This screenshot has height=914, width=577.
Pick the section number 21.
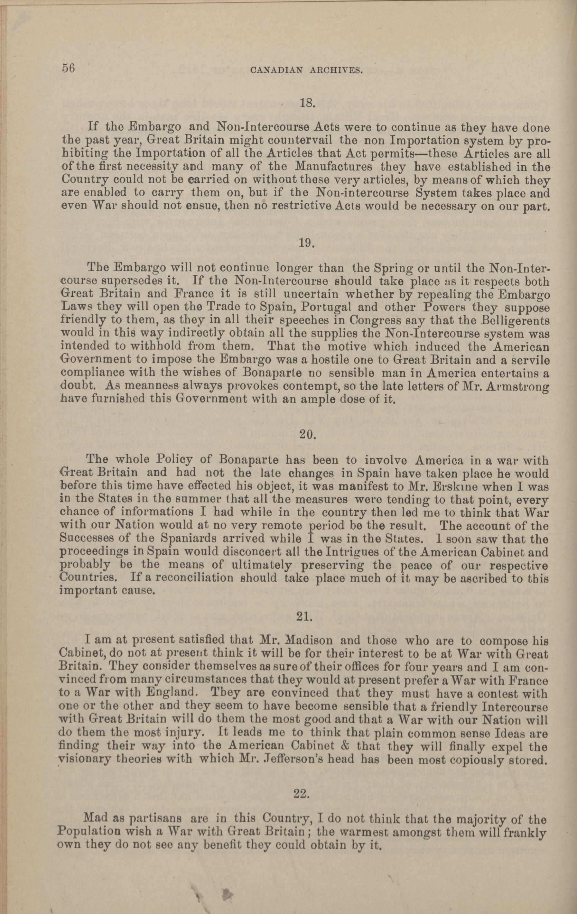(304, 617)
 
